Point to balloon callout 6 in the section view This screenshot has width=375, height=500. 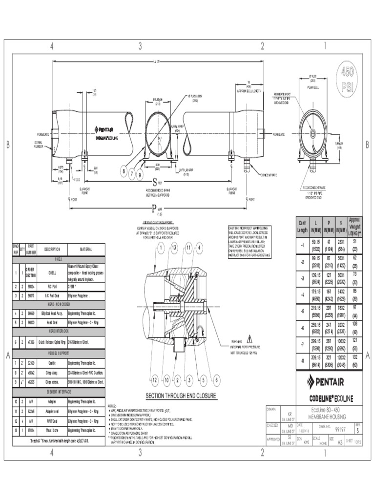215,380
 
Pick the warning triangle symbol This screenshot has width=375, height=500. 250,337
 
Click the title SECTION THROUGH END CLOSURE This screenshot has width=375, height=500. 180,396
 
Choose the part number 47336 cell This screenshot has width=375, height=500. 30,343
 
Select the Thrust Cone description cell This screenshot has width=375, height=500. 52,430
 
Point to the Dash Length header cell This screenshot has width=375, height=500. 303,226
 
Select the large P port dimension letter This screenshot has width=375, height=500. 153,209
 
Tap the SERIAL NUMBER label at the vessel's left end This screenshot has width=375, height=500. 38,145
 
